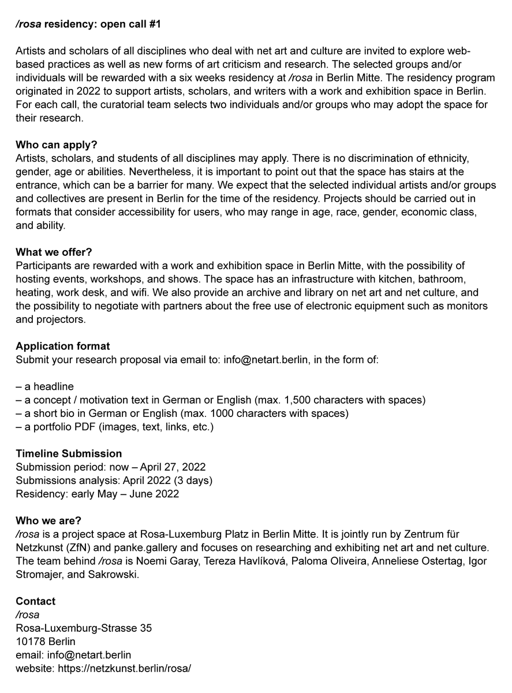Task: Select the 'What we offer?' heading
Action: tap(54, 252)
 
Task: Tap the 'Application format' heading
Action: tap(62, 346)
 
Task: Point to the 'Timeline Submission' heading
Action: tap(69, 454)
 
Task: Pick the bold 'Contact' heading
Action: tap(36, 601)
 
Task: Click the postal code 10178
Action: tap(31, 642)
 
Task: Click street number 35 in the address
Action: tap(146, 628)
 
